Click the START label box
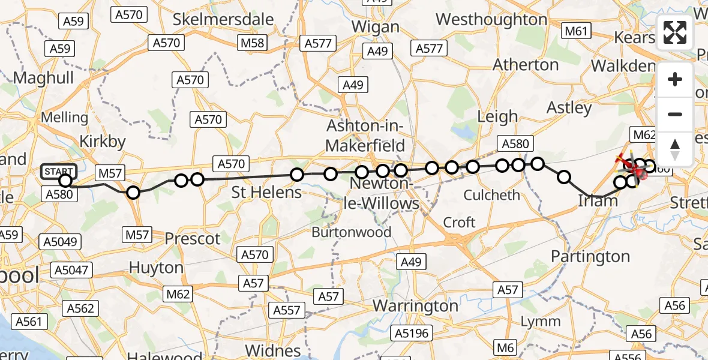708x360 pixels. coord(59,172)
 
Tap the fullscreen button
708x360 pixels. coord(675,32)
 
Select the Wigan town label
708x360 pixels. coord(376,27)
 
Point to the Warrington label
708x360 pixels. coord(415,306)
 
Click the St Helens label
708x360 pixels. coord(266,193)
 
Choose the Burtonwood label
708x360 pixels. coord(352,232)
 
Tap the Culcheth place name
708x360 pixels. coord(492,195)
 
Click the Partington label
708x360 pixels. coord(590,257)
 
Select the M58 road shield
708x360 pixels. coord(252,43)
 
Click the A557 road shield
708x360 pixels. coord(287,310)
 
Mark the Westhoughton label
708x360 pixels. coord(491,20)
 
